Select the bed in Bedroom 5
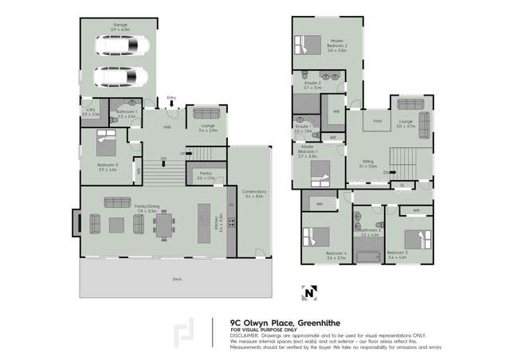[x=108, y=146]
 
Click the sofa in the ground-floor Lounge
[x=209, y=112]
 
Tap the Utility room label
[x=91, y=113]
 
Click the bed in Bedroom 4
[x=316, y=237]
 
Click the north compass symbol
[x=309, y=292]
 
